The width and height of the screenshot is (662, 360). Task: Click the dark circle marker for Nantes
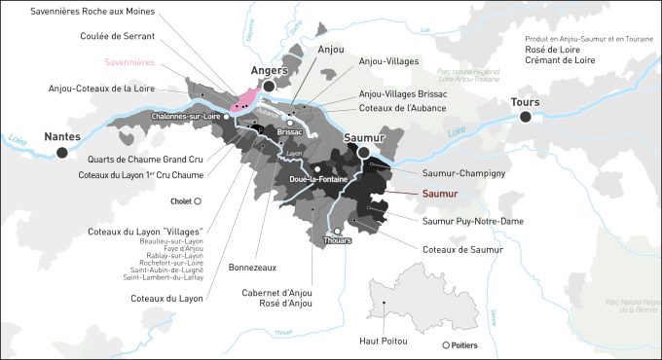pyautogui.click(x=63, y=153)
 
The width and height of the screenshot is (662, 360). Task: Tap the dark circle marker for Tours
pyautogui.click(x=527, y=117)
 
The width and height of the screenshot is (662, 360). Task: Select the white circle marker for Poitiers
pyautogui.click(x=446, y=345)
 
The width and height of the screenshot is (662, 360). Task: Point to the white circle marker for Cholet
pyautogui.click(x=198, y=201)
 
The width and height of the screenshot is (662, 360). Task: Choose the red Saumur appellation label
pyautogui.click(x=446, y=194)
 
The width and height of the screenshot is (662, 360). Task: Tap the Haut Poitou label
pyautogui.click(x=386, y=341)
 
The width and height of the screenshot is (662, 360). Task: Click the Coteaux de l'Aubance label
pyautogui.click(x=402, y=107)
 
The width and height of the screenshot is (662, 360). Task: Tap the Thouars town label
pyautogui.click(x=336, y=242)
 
